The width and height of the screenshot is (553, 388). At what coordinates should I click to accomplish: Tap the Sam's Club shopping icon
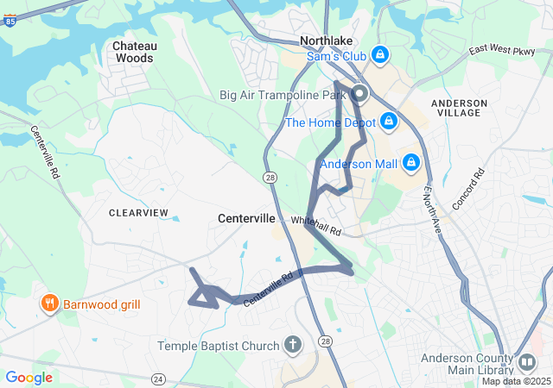click(379, 56)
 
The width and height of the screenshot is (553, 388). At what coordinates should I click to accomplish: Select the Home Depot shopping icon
click(389, 121)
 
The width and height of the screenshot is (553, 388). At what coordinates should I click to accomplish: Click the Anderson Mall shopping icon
click(411, 162)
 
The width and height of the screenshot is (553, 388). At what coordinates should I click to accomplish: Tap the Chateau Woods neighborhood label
click(133, 52)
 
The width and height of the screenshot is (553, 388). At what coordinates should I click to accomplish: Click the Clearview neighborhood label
click(139, 212)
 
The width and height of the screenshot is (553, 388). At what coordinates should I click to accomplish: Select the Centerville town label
click(246, 219)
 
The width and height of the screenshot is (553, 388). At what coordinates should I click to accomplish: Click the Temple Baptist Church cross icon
click(293, 346)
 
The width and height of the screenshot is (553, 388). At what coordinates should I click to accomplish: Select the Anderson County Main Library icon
click(525, 360)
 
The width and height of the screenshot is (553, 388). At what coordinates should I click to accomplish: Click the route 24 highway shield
click(158, 379)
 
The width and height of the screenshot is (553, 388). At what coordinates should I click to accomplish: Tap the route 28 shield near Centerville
click(270, 177)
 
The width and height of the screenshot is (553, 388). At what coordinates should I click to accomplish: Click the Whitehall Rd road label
click(316, 227)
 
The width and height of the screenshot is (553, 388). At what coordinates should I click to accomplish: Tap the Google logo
click(29, 378)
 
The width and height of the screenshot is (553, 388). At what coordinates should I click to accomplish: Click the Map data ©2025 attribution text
click(516, 381)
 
